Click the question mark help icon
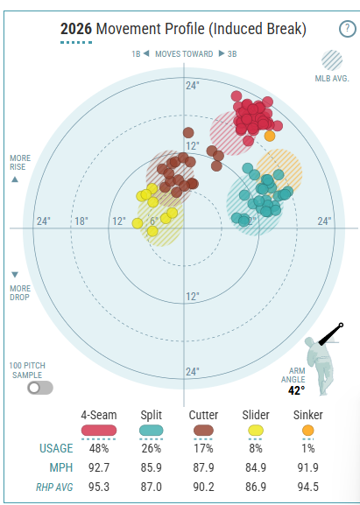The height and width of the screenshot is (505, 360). pyautogui.click(x=347, y=29)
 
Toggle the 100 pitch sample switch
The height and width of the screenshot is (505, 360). pyautogui.click(x=40, y=388)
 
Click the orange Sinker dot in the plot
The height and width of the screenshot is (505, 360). pyautogui.click(x=270, y=136)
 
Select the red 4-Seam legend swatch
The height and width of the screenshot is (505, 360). pyautogui.click(x=99, y=431)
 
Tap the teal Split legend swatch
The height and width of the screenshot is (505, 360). pyautogui.click(x=152, y=431)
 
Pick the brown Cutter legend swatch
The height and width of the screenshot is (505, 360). pyautogui.click(x=203, y=431)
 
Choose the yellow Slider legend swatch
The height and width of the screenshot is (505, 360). pyautogui.click(x=256, y=431)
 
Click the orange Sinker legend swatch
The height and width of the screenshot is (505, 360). pyautogui.click(x=308, y=431)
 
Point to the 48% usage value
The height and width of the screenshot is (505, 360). pyautogui.click(x=99, y=448)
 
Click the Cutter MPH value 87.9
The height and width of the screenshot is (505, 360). pyautogui.click(x=203, y=467)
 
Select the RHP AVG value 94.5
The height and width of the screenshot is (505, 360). pyautogui.click(x=308, y=487)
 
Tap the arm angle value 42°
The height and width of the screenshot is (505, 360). pyautogui.click(x=296, y=390)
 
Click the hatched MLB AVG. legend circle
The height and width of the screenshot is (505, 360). pyautogui.click(x=332, y=60)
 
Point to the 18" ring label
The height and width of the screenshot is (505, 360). pyautogui.click(x=81, y=221)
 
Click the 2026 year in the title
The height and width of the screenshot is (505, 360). pyautogui.click(x=76, y=29)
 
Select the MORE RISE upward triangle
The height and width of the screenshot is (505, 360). pyautogui.click(x=15, y=179)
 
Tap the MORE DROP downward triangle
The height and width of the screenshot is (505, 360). pyautogui.click(x=15, y=275)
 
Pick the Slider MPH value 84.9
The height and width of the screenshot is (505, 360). pyautogui.click(x=256, y=467)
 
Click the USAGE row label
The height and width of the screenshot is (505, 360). pyautogui.click(x=56, y=448)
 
